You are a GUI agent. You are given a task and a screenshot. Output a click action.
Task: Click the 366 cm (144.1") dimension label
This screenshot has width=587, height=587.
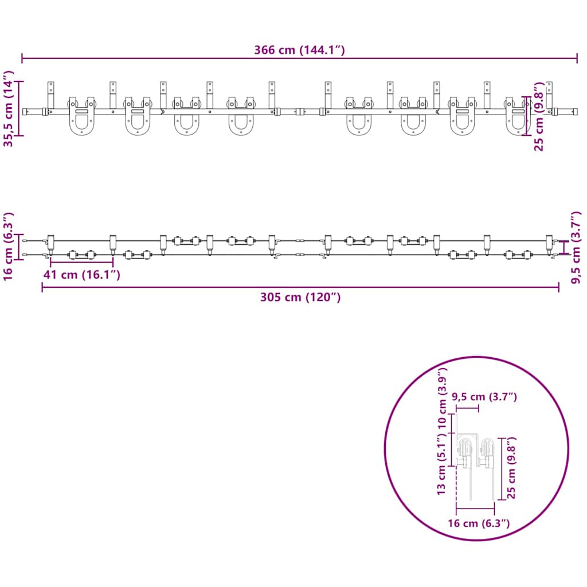tap(299, 50)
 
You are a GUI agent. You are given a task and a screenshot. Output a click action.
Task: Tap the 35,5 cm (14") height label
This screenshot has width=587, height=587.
tap(8, 108)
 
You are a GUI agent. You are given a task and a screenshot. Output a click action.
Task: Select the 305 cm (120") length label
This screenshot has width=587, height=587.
tap(300, 298)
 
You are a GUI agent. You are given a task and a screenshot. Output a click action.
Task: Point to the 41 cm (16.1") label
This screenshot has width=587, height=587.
tap(81, 275)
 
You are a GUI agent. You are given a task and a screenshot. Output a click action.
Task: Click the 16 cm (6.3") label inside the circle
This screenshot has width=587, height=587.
tap(479, 523)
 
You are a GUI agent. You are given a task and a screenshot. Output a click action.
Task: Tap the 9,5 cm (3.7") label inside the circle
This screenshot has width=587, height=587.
tap(484, 397)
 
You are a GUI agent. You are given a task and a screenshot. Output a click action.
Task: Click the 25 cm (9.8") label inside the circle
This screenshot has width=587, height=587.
tap(511, 468)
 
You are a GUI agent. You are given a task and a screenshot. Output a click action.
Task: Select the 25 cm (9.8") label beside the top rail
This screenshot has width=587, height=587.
tap(538, 117)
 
